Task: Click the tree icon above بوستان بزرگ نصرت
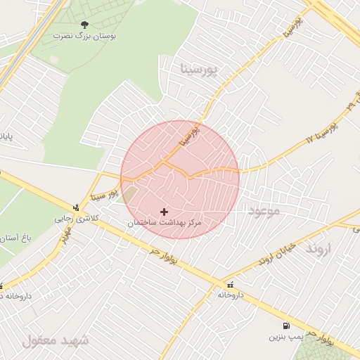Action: tap(84, 24)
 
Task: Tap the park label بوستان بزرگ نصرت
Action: tap(84, 34)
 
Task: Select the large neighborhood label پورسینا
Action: tap(200, 70)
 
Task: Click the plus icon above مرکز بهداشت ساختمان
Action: tap(164, 211)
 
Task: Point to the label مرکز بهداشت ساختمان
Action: tap(165, 222)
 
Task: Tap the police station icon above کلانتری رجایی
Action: tap(75, 207)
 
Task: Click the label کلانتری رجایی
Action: tap(74, 219)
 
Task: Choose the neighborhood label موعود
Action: tap(263, 210)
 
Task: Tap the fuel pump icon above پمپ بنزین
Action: tap(285, 326)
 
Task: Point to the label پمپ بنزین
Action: tap(285, 337)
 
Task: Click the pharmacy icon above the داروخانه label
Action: tap(231, 284)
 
